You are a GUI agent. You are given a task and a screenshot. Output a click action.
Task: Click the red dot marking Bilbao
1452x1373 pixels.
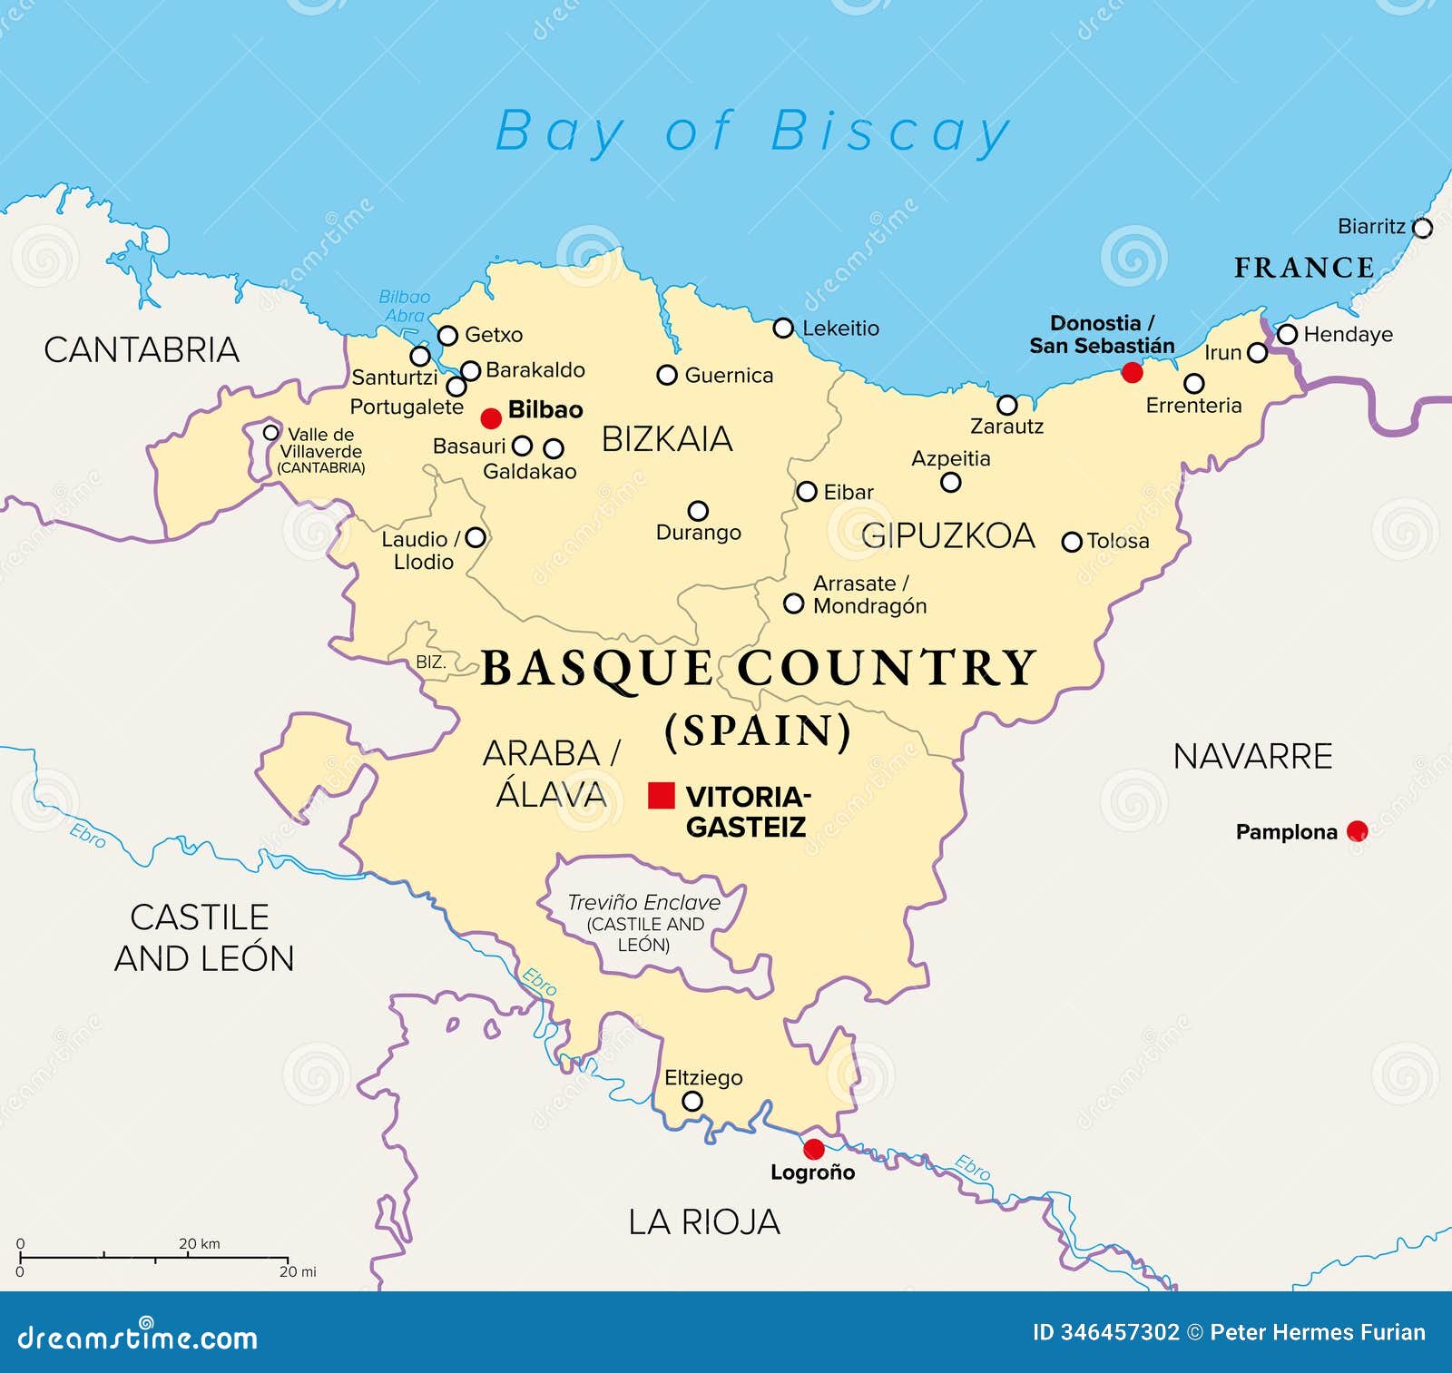pos(491,418)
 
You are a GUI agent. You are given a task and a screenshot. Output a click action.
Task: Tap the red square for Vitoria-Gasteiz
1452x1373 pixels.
pos(662,795)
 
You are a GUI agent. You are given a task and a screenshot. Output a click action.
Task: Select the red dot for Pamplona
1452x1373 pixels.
pos(1357,830)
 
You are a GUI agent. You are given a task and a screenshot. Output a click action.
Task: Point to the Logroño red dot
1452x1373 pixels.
pos(814,1149)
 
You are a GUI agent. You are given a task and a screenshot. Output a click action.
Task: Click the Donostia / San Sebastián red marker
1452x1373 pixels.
pos(1133,372)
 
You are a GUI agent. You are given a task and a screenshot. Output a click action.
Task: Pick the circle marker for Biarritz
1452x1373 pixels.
pos(1423,228)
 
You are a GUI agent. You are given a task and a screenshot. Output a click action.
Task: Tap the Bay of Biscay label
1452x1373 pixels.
pos(752,132)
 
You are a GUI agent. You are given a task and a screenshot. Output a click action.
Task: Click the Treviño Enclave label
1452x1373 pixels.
pos(643,903)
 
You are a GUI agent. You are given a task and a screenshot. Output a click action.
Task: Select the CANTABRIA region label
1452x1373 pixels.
pos(142,350)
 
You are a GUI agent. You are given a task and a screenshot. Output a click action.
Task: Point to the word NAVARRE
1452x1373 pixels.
pos(1252,756)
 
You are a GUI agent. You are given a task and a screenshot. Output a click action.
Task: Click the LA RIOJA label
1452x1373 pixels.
pos(704,1222)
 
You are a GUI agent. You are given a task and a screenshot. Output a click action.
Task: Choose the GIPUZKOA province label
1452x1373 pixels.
pos(947,535)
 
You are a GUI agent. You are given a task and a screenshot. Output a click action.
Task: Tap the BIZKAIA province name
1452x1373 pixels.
pos(667,439)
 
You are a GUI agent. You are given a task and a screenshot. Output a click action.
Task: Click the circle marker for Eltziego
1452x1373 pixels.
pos(692,1102)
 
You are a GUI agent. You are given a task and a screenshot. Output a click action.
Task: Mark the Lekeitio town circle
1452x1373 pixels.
pos(783,329)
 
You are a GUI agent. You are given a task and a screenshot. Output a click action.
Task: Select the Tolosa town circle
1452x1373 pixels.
pos(1072,542)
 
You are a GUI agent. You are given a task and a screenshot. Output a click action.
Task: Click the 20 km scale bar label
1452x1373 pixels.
pos(199,1243)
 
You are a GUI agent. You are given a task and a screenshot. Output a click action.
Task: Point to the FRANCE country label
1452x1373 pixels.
pos(1304,268)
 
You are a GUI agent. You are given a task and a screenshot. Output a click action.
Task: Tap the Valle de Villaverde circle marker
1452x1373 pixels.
pos(271,433)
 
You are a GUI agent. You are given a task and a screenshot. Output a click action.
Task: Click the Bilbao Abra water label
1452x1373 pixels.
pos(404,306)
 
